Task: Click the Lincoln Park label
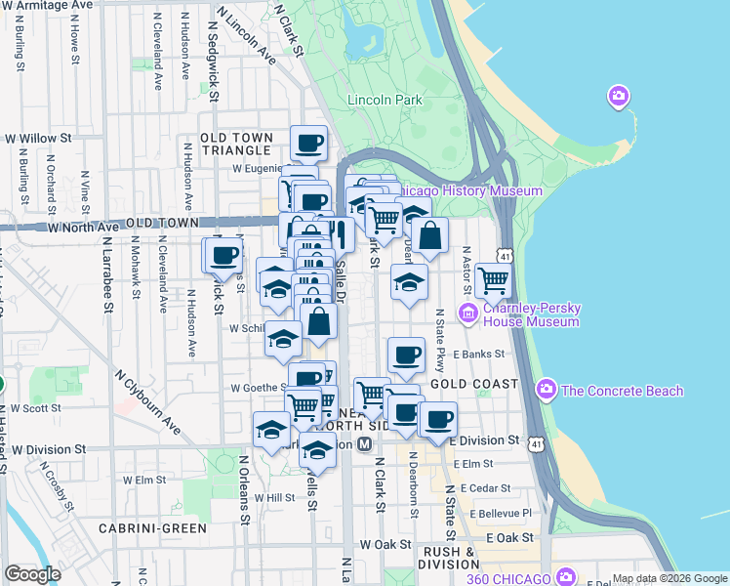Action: pos(384,100)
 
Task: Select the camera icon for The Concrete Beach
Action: pos(547,391)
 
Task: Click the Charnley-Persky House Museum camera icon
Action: pos(466,313)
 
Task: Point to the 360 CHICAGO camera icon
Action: pos(563,576)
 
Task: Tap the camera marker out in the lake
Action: pos(618,96)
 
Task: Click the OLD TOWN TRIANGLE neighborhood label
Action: pos(235,144)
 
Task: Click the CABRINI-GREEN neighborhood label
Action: pos(152,527)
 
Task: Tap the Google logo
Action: pos(32,574)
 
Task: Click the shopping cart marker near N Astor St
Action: pos(494,279)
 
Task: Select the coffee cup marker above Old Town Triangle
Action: pos(308,143)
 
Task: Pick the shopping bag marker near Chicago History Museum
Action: pos(429,234)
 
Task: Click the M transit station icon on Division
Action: pos(364,444)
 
